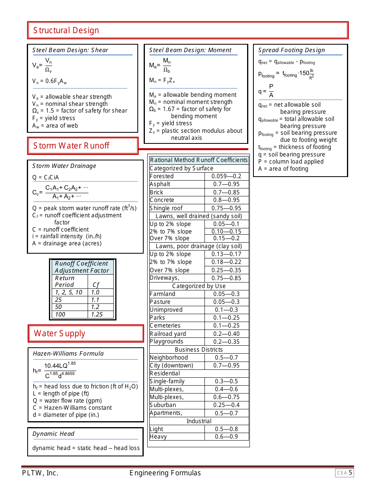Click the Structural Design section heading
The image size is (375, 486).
[x=66, y=30]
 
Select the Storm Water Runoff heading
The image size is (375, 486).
[x=71, y=146]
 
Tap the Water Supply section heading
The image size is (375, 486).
[x=60, y=333]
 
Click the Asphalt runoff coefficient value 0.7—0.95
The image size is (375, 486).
[x=226, y=184]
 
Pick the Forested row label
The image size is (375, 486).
[x=161, y=176]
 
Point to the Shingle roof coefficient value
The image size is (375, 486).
[x=226, y=208]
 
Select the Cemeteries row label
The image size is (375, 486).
[x=165, y=326]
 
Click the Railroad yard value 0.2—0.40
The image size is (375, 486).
[x=226, y=334]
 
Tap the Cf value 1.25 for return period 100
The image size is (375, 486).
[x=97, y=315]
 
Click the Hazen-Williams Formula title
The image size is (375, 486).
[x=68, y=354]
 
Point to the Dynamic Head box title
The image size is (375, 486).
[x=53, y=434]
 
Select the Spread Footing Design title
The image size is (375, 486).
[x=291, y=50]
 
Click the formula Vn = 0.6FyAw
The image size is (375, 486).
[x=49, y=82]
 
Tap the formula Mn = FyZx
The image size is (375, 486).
[x=162, y=81]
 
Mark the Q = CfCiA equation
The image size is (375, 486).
[x=45, y=177]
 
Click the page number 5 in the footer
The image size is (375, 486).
[x=351, y=473]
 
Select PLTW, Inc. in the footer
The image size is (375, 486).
[x=40, y=473]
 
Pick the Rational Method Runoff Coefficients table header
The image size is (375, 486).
[x=199, y=160]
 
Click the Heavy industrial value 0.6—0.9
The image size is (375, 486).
[x=226, y=437]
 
